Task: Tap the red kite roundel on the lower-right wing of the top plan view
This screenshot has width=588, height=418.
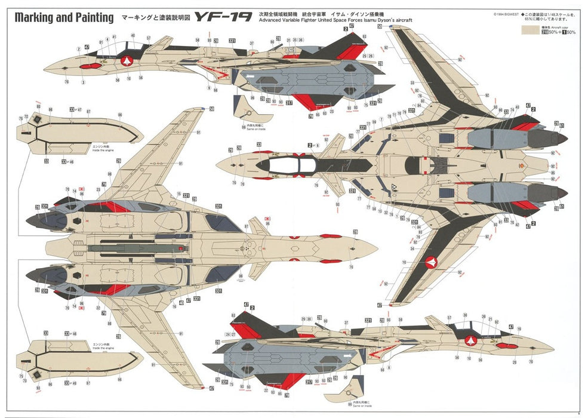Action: [432, 262]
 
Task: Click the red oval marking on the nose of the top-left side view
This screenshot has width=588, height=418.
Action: [88, 66]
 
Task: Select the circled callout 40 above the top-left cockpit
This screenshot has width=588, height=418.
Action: [133, 36]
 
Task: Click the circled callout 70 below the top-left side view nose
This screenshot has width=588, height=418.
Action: [66, 82]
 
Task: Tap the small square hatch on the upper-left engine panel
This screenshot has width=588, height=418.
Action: [38, 121]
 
